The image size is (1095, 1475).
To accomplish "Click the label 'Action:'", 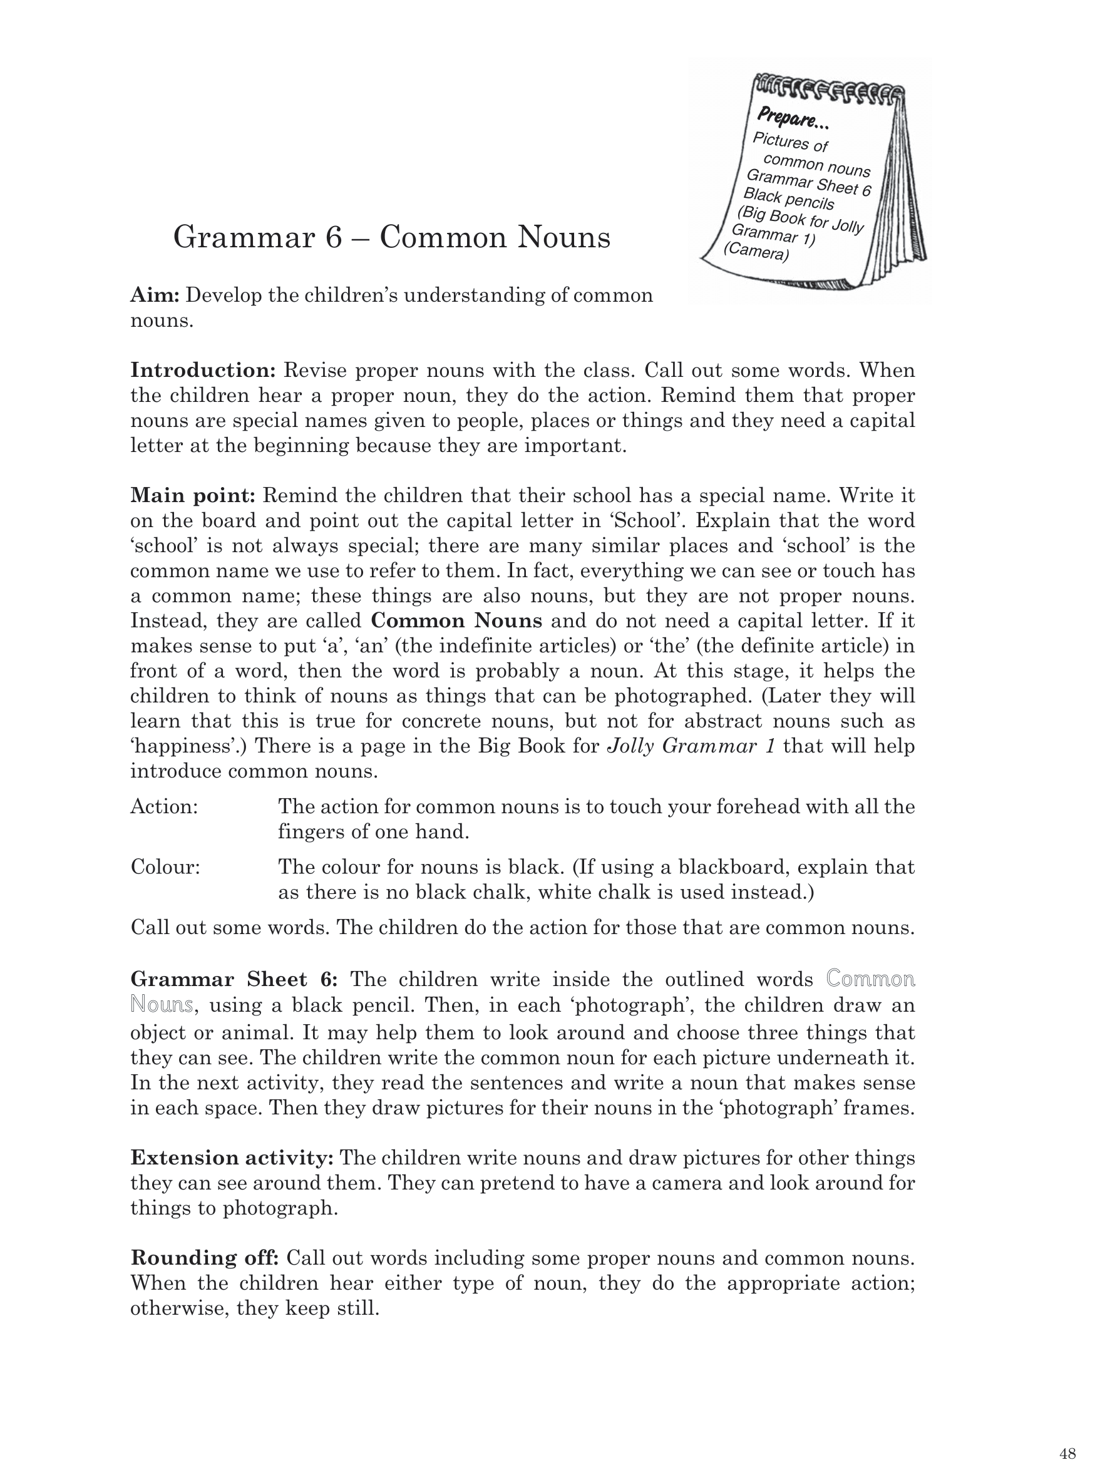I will (x=165, y=807).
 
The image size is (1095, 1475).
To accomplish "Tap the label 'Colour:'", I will (x=165, y=867).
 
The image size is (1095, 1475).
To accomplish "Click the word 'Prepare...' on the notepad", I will (x=793, y=120).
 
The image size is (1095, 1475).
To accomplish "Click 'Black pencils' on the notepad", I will (x=788, y=198).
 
